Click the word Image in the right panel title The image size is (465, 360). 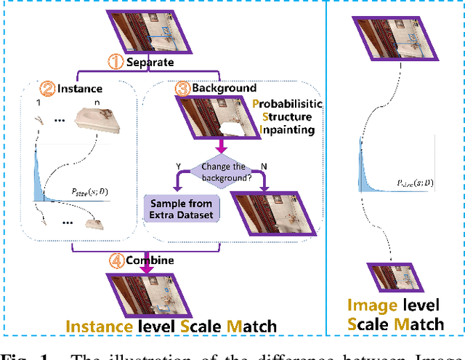pos(371,306)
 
